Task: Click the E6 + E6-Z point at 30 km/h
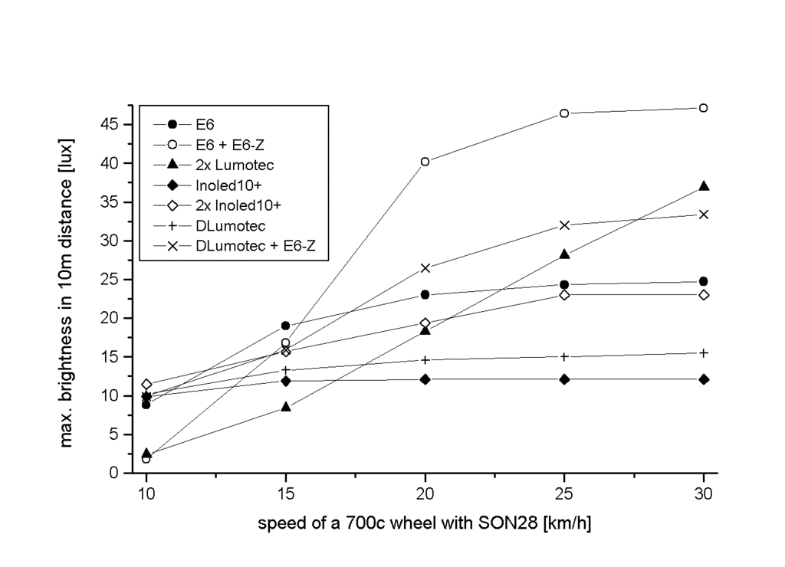point(703,108)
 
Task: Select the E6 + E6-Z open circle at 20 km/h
point(425,162)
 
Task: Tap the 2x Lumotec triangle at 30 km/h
point(703,186)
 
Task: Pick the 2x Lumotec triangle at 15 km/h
point(286,407)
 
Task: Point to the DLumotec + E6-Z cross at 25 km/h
point(564,225)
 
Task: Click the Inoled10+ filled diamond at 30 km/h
point(703,379)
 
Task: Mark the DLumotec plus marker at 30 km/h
point(703,352)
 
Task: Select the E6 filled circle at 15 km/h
point(286,326)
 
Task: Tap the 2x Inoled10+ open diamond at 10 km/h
point(146,384)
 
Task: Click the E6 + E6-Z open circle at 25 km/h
point(564,113)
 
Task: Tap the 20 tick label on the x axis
point(425,494)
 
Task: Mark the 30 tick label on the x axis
point(703,494)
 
